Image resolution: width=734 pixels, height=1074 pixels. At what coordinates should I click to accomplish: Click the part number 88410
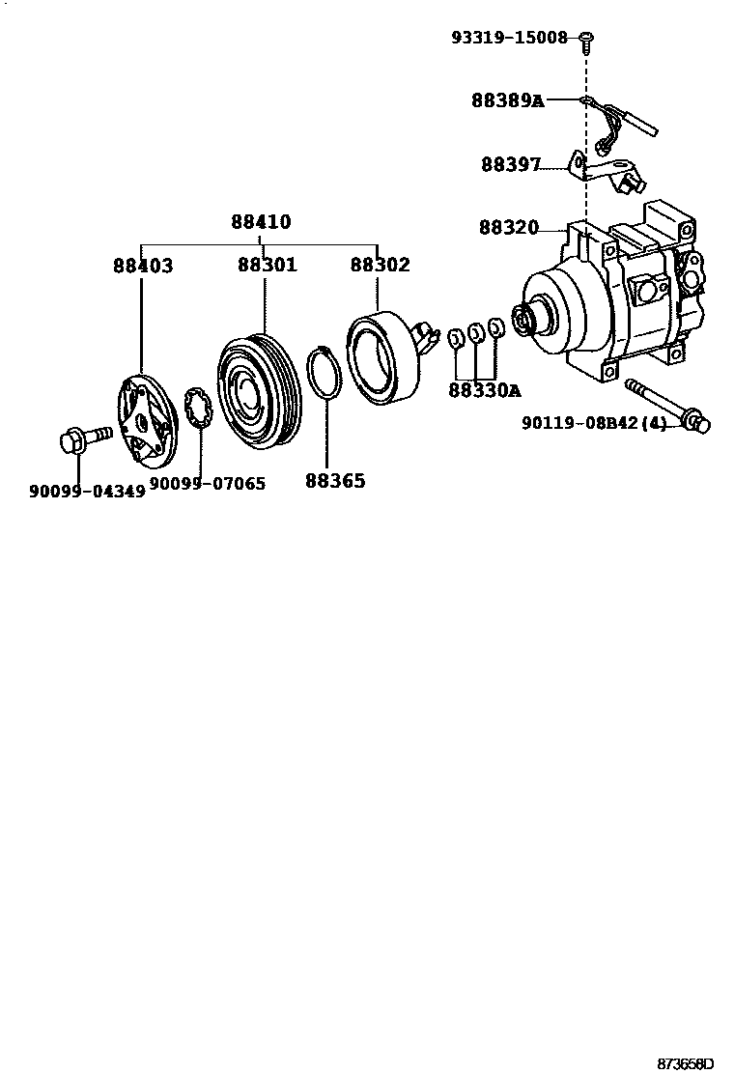(261, 222)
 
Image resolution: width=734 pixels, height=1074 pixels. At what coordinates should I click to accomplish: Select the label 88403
(143, 266)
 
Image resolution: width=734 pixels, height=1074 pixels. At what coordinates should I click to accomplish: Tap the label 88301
(267, 266)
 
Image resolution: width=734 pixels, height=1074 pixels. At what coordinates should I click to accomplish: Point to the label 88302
(380, 266)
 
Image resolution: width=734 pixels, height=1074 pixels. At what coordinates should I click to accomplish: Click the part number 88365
(335, 480)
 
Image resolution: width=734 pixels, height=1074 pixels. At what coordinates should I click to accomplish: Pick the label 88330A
(484, 390)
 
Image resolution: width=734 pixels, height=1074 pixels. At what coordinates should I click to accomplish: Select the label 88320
(508, 229)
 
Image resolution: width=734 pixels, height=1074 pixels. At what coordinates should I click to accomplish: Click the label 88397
(511, 164)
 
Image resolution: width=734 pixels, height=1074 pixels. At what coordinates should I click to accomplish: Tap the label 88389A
(508, 100)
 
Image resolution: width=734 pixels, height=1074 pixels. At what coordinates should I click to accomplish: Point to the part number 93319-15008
(509, 38)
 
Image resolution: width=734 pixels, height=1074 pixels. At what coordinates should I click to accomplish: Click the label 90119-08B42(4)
(594, 423)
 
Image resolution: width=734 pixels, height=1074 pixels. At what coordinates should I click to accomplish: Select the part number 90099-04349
(87, 491)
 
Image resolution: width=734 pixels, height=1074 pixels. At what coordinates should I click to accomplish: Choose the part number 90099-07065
(207, 483)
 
